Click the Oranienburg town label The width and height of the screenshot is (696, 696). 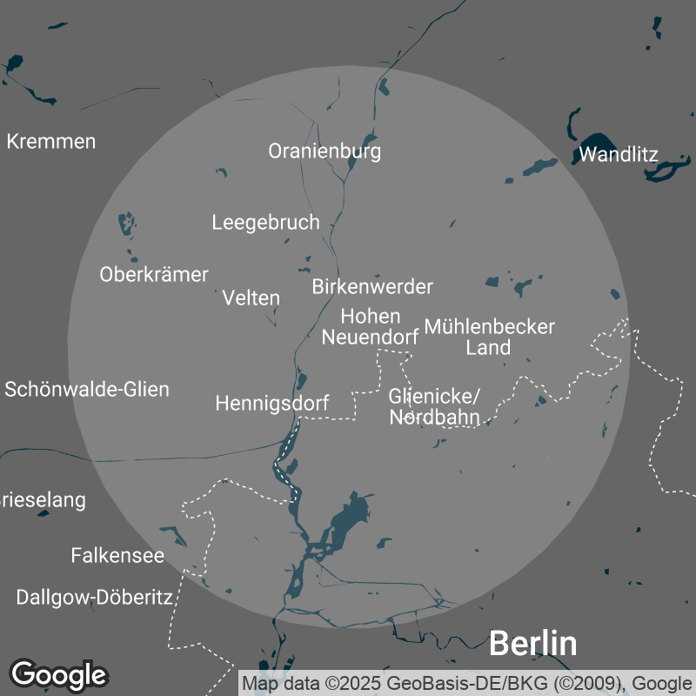point(325,151)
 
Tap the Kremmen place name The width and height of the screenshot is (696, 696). point(51,141)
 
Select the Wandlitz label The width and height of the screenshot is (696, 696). point(618,156)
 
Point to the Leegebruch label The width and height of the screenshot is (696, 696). point(265,223)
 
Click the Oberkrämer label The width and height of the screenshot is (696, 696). point(154,275)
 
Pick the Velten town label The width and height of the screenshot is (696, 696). point(251,298)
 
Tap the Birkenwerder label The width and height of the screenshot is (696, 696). point(372,286)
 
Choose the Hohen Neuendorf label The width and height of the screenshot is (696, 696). point(371,326)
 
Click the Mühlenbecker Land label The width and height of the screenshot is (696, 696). point(489,338)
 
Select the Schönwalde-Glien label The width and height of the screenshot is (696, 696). point(87,389)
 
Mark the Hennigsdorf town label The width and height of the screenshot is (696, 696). point(272,404)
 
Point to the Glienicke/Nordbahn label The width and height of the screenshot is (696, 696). point(434,407)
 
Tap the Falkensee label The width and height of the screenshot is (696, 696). point(117,555)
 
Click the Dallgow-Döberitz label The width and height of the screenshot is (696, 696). point(95,598)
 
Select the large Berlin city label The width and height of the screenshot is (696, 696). point(532,644)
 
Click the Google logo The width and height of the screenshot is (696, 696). point(58,674)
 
